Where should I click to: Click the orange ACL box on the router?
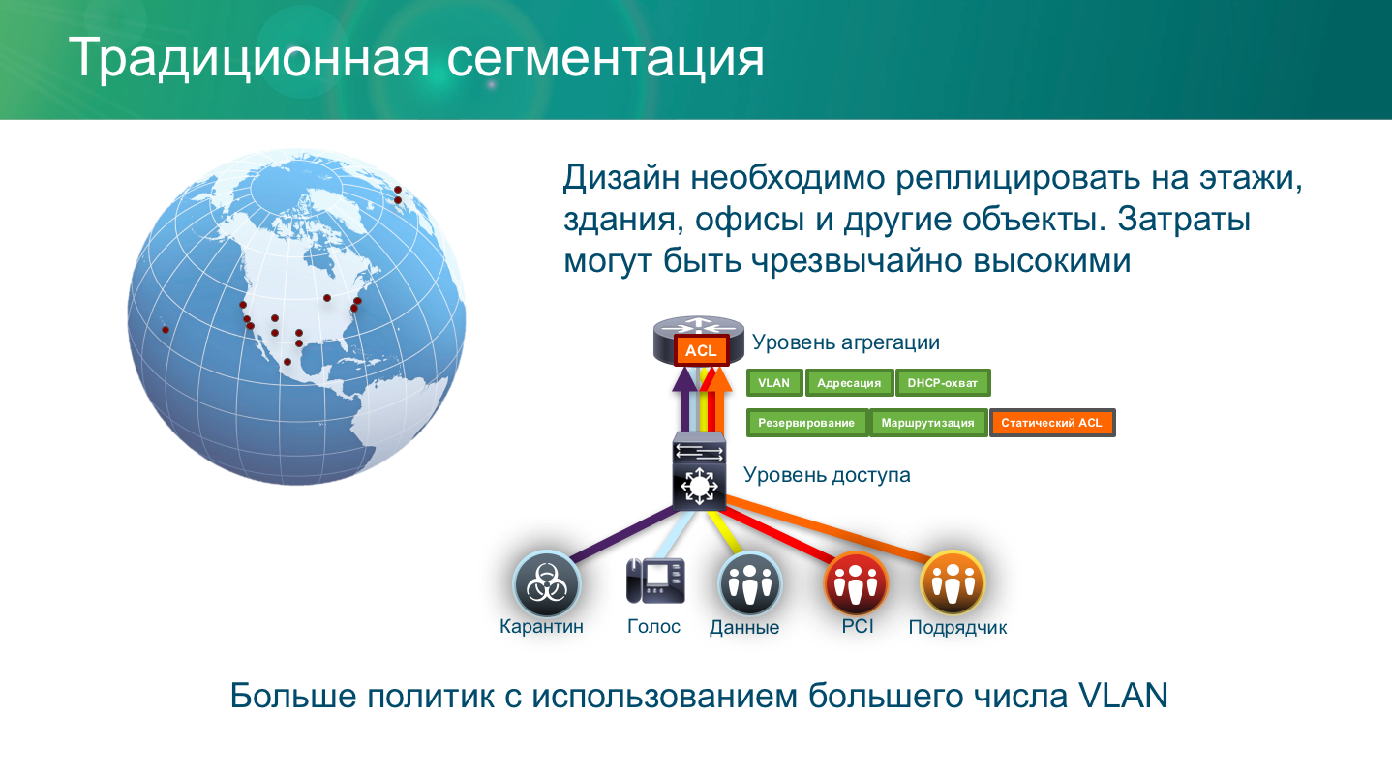701,350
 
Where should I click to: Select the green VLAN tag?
773,383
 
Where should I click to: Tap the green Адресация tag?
849,383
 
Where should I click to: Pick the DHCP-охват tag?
943,383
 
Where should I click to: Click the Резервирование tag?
806,423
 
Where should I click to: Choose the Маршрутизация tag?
927,423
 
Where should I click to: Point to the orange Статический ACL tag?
1051,423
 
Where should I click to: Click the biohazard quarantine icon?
546,582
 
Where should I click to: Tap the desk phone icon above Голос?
654,580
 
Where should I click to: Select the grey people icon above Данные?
749,582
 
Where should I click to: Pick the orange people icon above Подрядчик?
953,582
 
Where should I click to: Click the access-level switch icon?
698,471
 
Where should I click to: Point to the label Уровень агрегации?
846,342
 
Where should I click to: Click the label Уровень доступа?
827,475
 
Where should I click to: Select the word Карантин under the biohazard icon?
541,626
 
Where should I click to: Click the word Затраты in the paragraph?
1184,220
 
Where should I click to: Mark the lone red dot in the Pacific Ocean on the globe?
166,330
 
